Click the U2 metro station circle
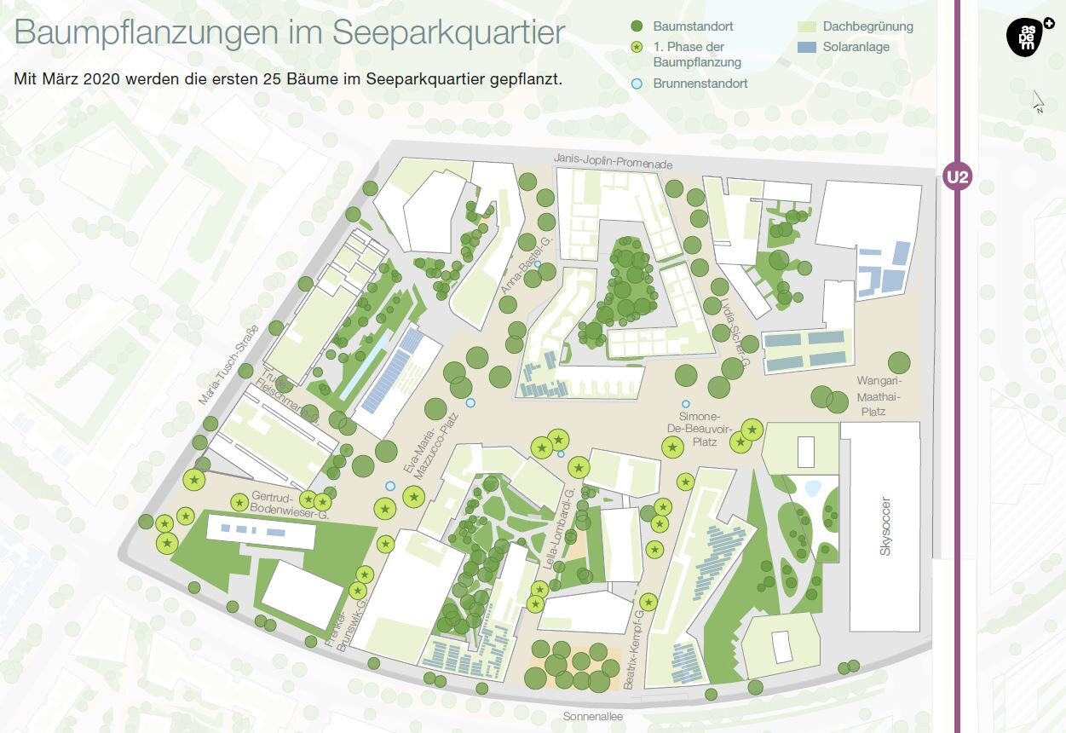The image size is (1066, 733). point(958,177)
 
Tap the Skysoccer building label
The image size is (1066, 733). point(885,525)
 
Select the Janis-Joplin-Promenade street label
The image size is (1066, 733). point(613,160)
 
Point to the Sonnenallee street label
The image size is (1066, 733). point(593,717)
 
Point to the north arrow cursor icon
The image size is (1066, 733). point(1038,101)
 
